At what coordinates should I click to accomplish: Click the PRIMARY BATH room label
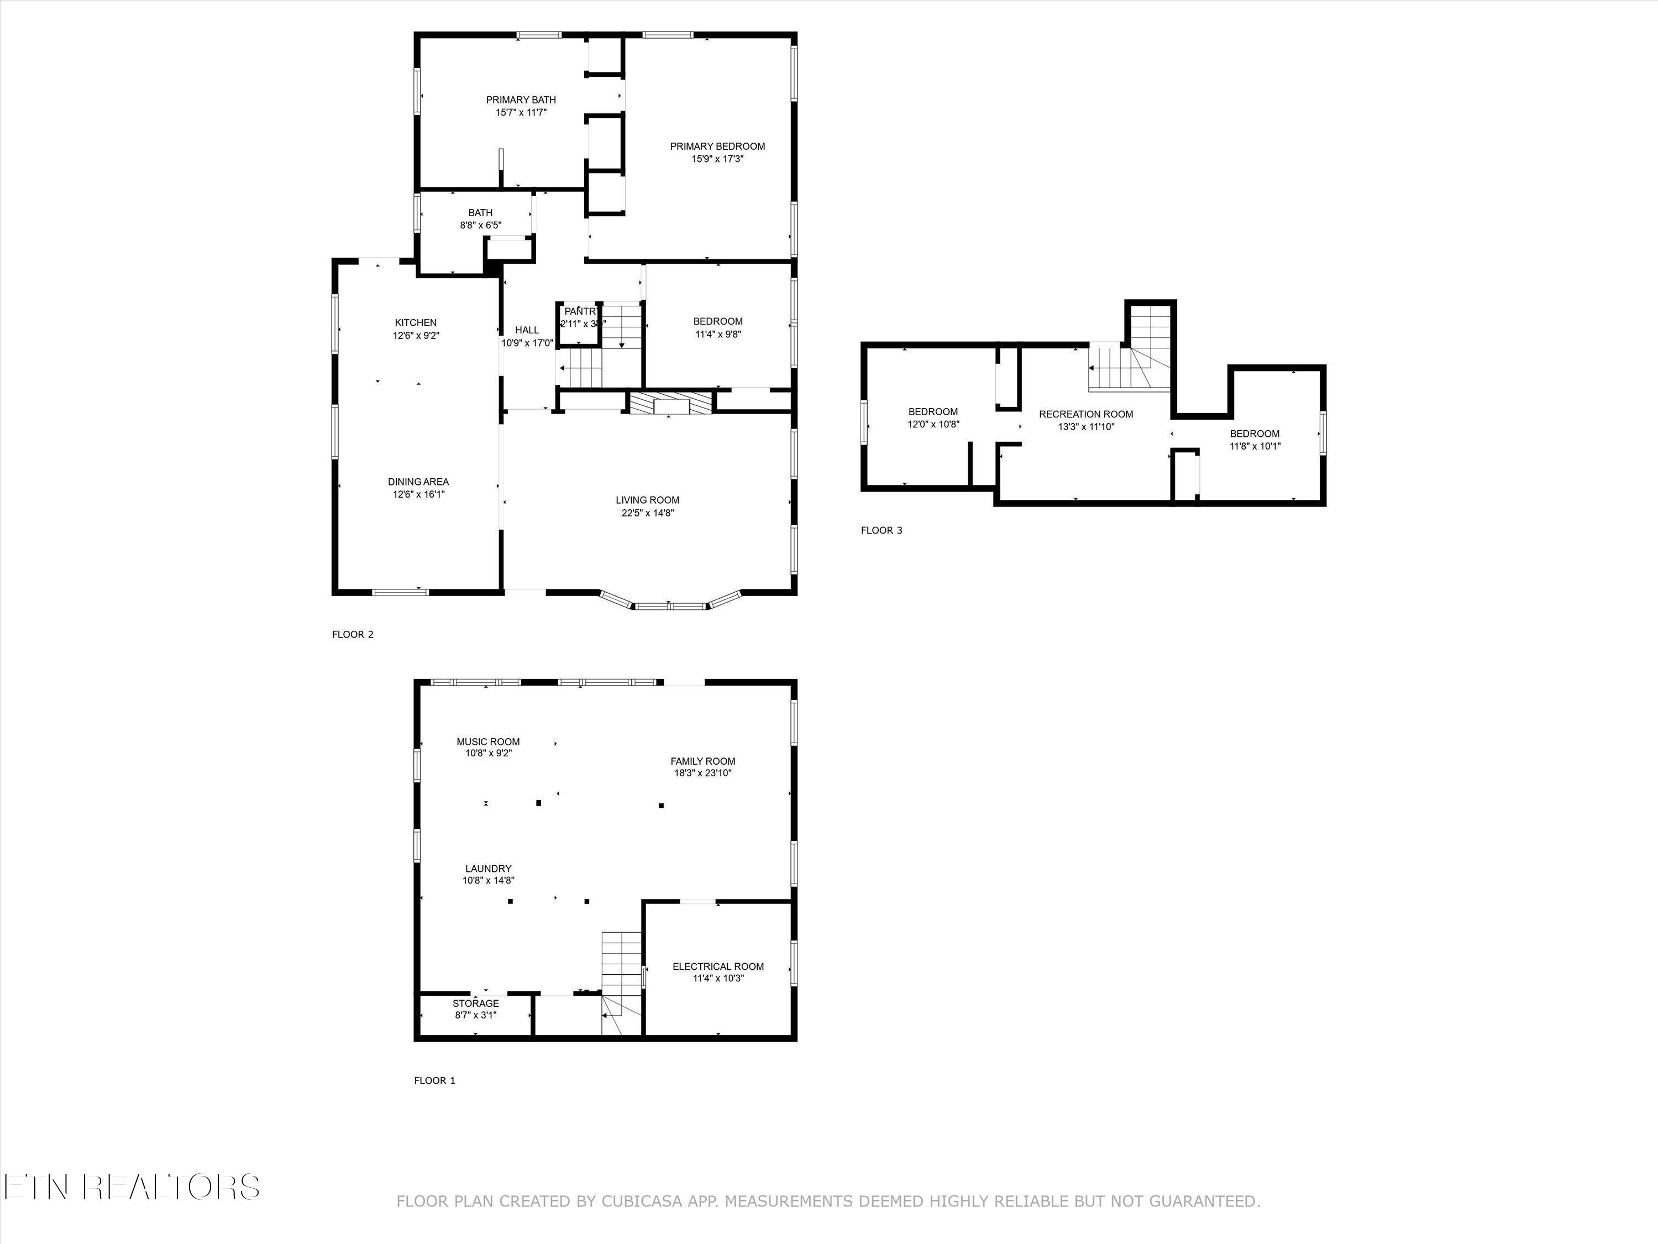(521, 100)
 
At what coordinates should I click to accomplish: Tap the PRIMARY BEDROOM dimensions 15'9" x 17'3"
(717, 159)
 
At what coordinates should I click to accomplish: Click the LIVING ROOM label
(648, 500)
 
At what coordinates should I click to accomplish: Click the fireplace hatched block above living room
(669, 404)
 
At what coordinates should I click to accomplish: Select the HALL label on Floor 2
(527, 330)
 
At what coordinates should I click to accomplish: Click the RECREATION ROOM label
(1085, 414)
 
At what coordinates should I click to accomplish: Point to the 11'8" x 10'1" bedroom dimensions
(1255, 446)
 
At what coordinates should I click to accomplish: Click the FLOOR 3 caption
(882, 530)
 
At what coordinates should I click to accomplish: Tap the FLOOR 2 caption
(352, 634)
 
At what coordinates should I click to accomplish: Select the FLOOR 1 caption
(435, 1080)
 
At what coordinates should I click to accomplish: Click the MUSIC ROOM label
(488, 741)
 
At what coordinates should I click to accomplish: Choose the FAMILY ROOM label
(702, 761)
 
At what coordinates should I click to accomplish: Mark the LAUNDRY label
(488, 869)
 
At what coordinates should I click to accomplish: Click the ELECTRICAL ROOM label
(718, 966)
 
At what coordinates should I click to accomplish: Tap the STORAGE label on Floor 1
(475, 1003)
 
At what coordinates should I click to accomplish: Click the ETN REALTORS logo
(131, 1186)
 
